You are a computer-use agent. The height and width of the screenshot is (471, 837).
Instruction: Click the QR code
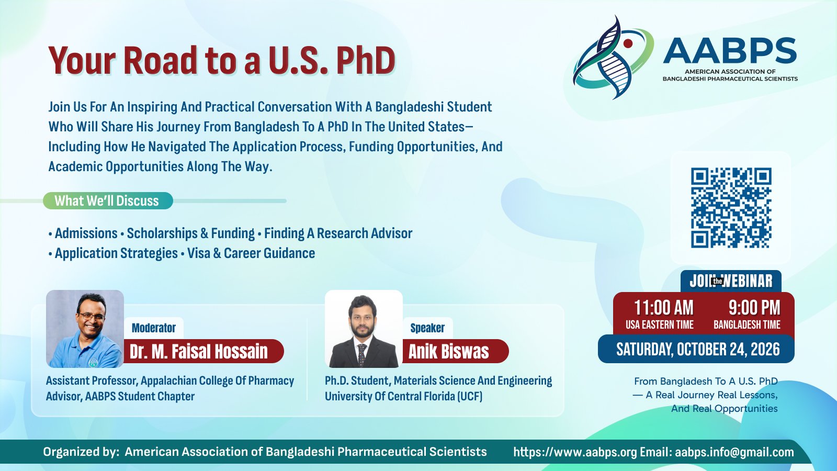[731, 208]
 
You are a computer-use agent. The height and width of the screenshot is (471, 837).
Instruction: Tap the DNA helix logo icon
[613, 57]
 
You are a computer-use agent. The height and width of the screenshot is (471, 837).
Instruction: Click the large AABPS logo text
[730, 51]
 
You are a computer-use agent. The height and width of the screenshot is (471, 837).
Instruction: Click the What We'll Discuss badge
[108, 201]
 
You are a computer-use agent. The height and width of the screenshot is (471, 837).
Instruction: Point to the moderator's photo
[85, 329]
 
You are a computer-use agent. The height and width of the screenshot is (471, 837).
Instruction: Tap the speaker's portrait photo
[364, 329]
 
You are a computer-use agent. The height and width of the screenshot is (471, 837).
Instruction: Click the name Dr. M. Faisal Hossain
[199, 351]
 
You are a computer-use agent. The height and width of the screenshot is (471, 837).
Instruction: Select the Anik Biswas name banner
[455, 351]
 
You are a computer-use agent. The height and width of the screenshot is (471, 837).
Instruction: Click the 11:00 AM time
[664, 308]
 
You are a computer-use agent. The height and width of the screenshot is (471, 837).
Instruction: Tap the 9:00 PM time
[754, 308]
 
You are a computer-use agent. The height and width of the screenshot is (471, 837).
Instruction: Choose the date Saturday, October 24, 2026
[698, 350]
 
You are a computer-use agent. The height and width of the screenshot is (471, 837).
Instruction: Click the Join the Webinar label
[731, 281]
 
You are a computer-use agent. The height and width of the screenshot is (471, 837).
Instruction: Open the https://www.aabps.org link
[575, 452]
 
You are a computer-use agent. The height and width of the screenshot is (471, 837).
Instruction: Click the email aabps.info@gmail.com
[734, 452]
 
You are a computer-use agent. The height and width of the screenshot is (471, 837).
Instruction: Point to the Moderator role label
[154, 328]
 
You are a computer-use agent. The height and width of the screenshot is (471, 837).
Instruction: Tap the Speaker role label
[427, 328]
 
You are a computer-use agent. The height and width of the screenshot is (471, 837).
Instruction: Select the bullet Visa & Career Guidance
[251, 253]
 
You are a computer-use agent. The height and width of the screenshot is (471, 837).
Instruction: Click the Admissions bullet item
[86, 233]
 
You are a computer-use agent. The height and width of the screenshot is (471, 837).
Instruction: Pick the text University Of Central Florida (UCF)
[403, 396]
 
